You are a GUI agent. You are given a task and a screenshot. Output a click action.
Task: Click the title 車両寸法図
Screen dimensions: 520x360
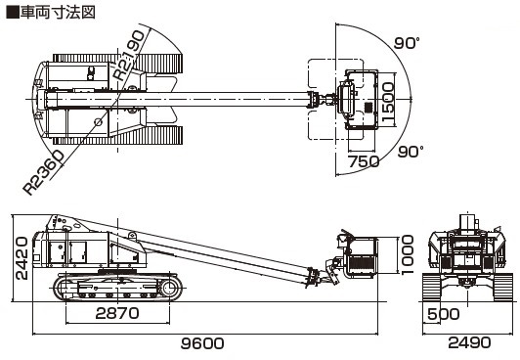pyautogui.click(x=58, y=13)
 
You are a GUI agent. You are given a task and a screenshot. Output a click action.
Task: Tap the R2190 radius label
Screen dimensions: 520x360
pyautogui.click(x=129, y=56)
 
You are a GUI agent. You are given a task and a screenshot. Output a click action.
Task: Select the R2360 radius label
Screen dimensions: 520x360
pyautogui.click(x=43, y=172)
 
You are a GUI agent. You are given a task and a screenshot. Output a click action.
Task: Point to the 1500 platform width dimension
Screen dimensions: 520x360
pyautogui.click(x=388, y=102)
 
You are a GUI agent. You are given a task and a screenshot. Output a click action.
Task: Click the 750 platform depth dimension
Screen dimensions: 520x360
pyautogui.click(x=364, y=161)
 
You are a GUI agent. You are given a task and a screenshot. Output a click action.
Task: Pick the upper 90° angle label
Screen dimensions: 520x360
pyautogui.click(x=407, y=43)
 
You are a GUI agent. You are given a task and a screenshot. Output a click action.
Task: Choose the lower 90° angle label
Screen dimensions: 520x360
pyautogui.click(x=411, y=152)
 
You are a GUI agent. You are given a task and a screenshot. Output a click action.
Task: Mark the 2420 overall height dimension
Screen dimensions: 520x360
pyautogui.click(x=22, y=258)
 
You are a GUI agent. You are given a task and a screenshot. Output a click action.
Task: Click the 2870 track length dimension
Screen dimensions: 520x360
pyautogui.click(x=117, y=313)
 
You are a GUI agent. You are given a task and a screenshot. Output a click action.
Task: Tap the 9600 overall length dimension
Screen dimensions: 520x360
pyautogui.click(x=202, y=343)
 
